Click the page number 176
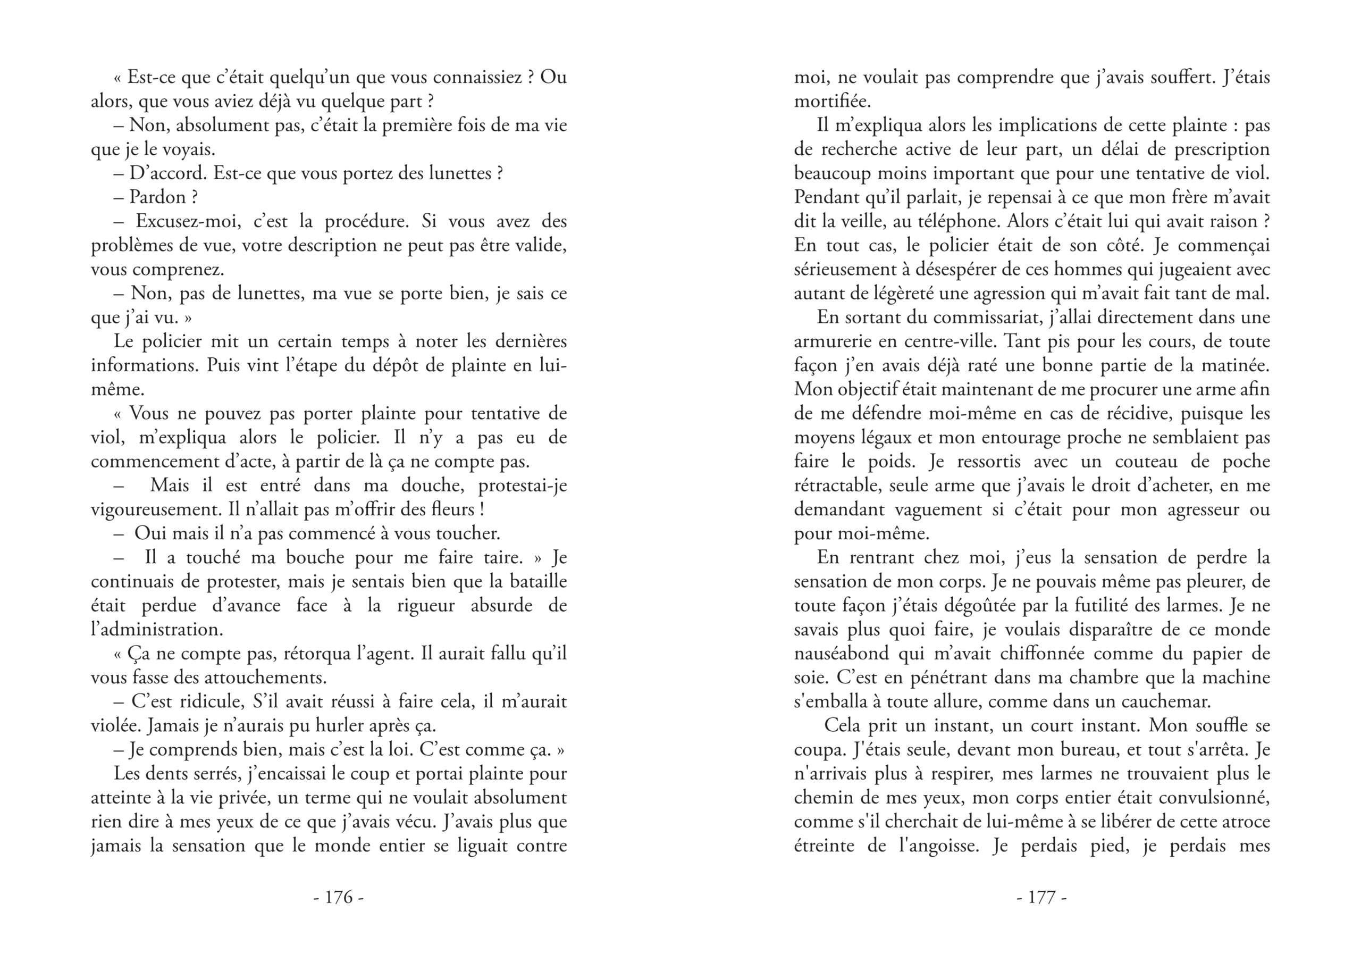point(339,897)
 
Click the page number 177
point(1041,897)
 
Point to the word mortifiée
point(832,102)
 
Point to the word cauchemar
point(1165,701)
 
